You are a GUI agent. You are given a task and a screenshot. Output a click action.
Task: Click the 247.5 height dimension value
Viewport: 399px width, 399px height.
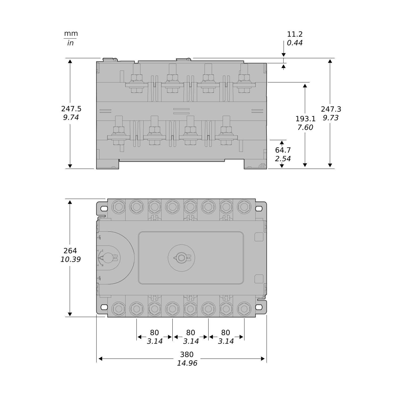[71, 109]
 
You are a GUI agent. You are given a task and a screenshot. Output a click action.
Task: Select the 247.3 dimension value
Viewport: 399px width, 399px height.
[331, 109]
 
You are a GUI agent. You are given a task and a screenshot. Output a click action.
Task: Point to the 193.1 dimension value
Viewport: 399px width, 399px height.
[305, 119]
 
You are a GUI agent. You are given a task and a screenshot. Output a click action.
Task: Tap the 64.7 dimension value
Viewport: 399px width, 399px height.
[283, 150]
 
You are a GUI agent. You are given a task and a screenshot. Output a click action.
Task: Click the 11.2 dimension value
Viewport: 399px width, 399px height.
[295, 34]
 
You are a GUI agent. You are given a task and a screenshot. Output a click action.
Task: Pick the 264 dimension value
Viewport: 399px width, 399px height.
[70, 251]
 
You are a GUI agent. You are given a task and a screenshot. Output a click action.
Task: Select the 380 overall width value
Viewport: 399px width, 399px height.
[187, 354]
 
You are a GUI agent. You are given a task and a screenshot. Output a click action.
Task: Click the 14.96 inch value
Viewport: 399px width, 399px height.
[187, 363]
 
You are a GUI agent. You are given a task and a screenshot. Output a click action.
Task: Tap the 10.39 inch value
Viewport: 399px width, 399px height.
[70, 259]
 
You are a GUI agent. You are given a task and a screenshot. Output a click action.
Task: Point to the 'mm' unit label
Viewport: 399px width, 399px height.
[71, 34]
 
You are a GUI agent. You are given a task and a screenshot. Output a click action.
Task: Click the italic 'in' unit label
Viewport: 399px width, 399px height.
[70, 43]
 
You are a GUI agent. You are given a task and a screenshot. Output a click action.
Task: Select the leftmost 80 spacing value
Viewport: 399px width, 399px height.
[154, 332]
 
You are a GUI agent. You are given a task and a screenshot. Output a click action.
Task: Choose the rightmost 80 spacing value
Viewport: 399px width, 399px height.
[226, 332]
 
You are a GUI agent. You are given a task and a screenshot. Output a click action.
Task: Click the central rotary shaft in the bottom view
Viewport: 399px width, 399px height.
[181, 258]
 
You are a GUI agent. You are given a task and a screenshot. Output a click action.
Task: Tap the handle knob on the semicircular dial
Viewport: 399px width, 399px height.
[108, 258]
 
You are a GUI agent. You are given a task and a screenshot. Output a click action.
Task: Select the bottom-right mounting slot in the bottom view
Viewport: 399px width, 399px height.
[259, 307]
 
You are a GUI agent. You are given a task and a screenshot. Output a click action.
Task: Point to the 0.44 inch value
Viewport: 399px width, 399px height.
[295, 43]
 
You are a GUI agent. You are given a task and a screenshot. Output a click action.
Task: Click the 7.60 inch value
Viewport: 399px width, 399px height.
[305, 127]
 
